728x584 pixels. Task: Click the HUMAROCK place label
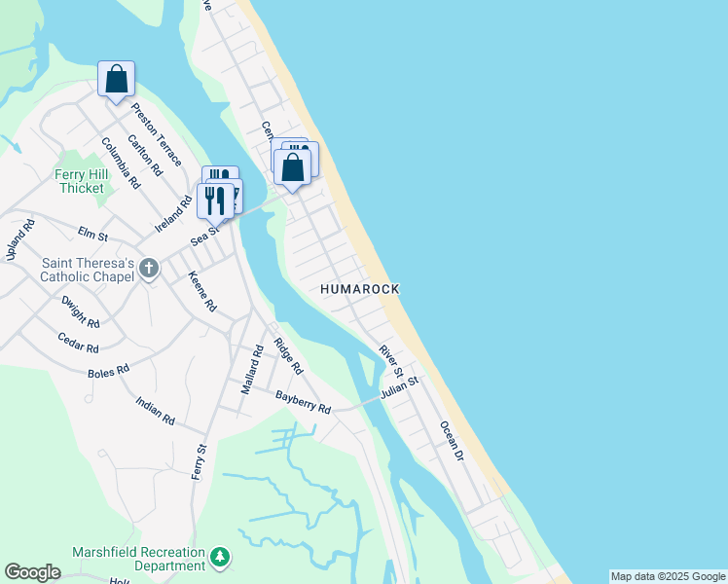tap(360, 290)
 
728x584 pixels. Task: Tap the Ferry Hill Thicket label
tap(80, 181)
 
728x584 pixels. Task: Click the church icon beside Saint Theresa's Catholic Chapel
tap(149, 268)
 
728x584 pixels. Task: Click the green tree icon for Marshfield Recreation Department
tap(221, 556)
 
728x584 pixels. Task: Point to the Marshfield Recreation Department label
tap(139, 559)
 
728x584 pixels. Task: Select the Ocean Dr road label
tap(453, 440)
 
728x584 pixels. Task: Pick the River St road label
tap(391, 358)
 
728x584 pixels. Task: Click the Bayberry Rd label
tap(303, 402)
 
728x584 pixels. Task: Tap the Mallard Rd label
tap(253, 369)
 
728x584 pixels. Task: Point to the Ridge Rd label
tap(288, 356)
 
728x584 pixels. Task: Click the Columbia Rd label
tap(121, 163)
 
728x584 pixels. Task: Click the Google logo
tap(32, 572)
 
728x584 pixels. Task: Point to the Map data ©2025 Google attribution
tap(669, 576)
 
